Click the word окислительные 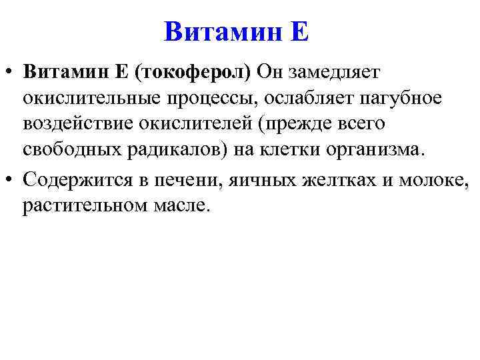pos(90,99)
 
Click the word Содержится pos(75,179)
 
